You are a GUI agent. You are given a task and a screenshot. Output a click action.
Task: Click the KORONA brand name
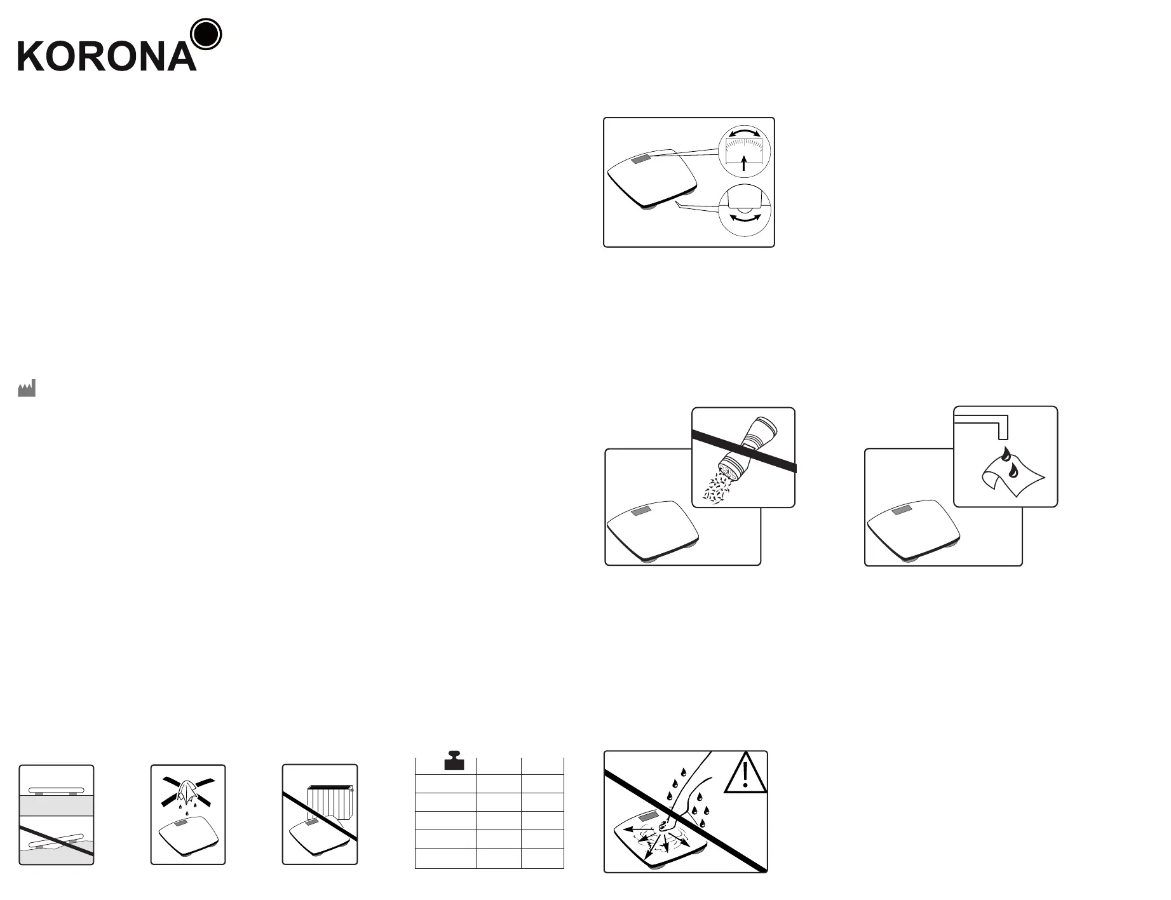pyautogui.click(x=107, y=56)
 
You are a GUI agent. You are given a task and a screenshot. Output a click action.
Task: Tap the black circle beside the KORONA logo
pyautogui.click(x=206, y=34)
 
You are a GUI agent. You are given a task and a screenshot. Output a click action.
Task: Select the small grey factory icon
pyautogui.click(x=27, y=388)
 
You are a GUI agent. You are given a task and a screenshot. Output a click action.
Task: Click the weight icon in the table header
pyautogui.click(x=454, y=761)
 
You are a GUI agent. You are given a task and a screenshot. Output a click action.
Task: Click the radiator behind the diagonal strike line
pyautogui.click(x=330, y=803)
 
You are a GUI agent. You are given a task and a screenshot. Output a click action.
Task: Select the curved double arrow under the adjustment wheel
pyautogui.click(x=744, y=218)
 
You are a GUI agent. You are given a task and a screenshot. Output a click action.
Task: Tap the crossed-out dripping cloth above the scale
pyautogui.click(x=188, y=791)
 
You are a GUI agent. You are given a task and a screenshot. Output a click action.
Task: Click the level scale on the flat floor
pyautogui.click(x=56, y=791)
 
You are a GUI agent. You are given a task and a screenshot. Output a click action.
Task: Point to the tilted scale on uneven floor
pyautogui.click(x=56, y=842)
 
